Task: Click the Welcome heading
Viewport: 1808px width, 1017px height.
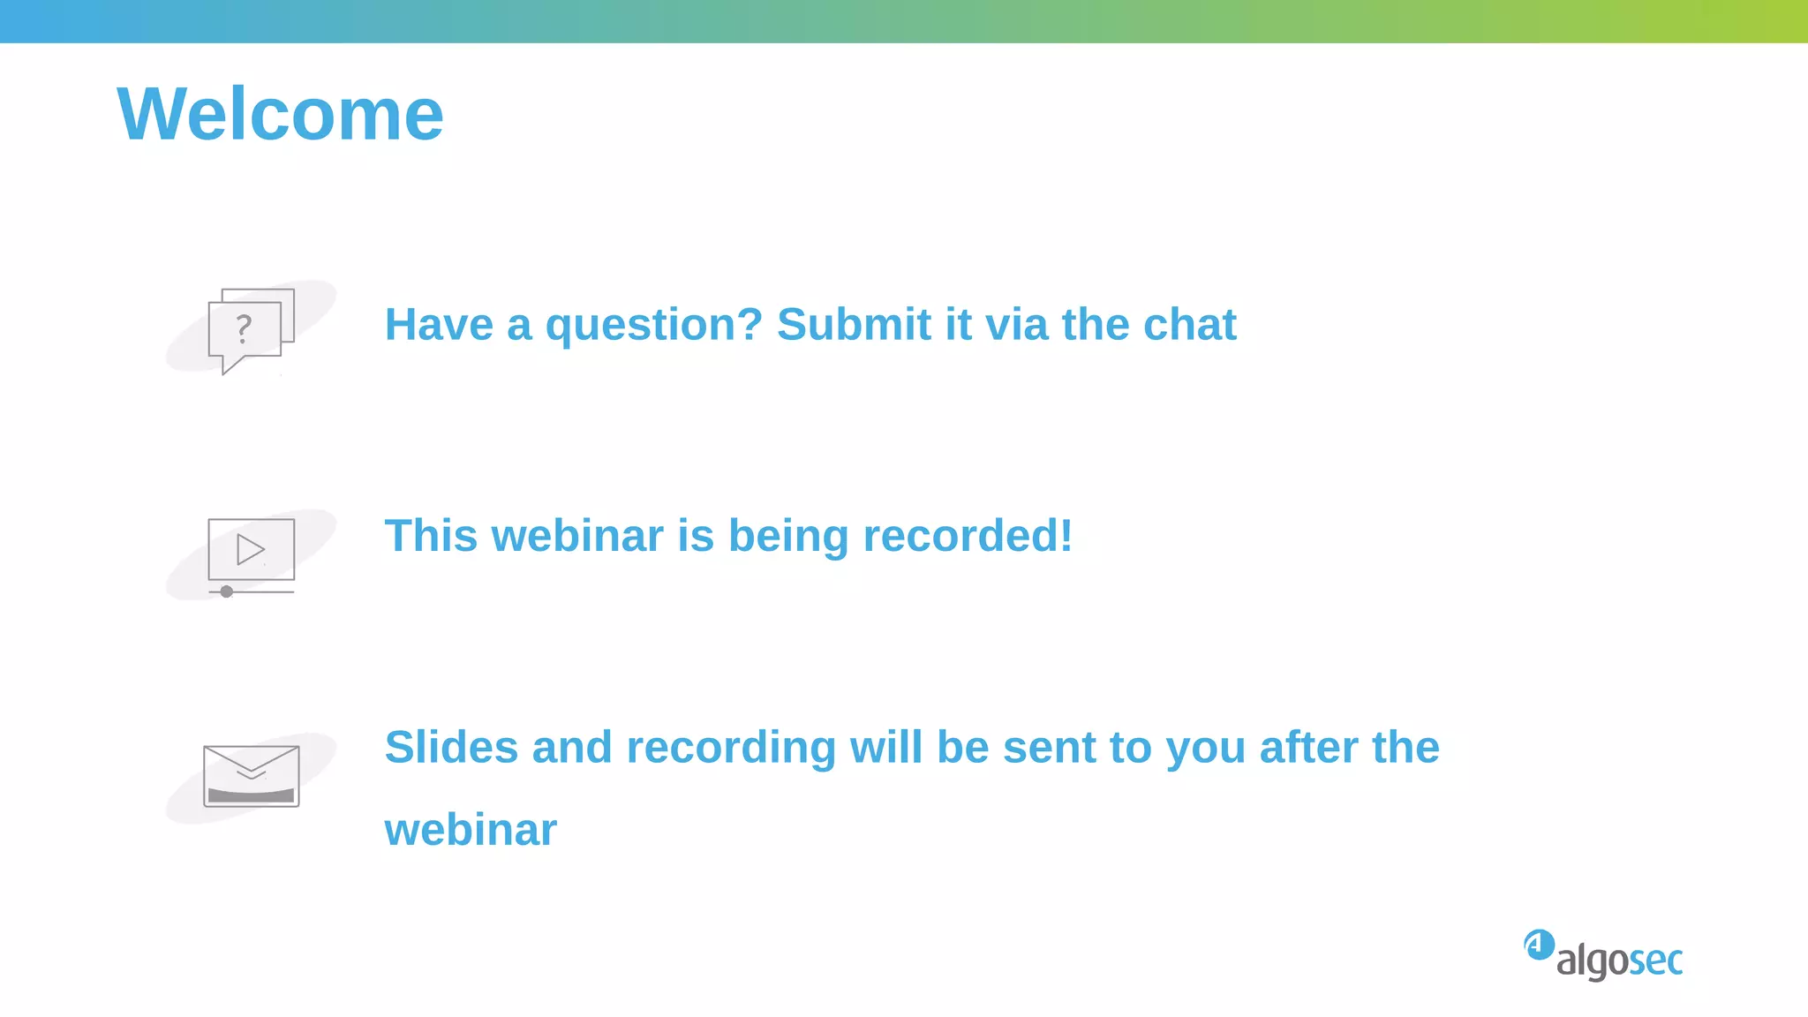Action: (x=280, y=114)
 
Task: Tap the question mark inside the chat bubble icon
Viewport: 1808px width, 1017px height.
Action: (x=244, y=329)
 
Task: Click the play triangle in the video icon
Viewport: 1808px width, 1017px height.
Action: (x=250, y=549)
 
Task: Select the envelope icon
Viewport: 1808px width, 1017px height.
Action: (x=252, y=776)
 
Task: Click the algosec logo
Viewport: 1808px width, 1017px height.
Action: (x=1604, y=955)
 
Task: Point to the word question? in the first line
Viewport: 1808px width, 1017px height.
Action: (x=653, y=325)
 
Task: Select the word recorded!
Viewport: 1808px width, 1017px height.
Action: (x=968, y=536)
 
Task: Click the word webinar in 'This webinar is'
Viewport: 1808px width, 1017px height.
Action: (x=577, y=536)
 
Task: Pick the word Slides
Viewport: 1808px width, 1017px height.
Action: (x=451, y=748)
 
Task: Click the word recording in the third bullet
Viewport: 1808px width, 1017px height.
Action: (x=731, y=748)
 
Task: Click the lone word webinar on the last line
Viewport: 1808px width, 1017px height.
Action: (x=471, y=830)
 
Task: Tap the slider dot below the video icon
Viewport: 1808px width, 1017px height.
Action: (x=227, y=591)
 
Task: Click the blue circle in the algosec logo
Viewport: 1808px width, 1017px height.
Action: (x=1539, y=945)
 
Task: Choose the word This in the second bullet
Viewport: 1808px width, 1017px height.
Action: (x=430, y=536)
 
